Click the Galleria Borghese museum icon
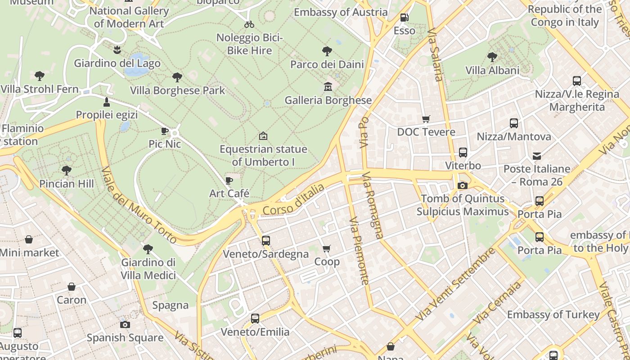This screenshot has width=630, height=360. (328, 86)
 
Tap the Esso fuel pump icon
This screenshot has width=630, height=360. (404, 18)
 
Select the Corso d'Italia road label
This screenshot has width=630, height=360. (293, 199)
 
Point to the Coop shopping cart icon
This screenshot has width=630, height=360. (327, 248)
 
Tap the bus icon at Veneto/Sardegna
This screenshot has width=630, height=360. (266, 240)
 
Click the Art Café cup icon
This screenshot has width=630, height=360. (229, 181)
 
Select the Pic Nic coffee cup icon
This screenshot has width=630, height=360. (165, 131)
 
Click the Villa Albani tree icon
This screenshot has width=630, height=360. (492, 57)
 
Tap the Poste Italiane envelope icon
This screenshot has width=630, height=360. (537, 156)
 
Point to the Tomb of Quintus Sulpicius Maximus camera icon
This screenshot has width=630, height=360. (462, 185)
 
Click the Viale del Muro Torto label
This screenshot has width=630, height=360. (139, 205)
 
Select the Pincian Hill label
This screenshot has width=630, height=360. (67, 184)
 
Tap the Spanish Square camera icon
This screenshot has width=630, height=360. (125, 324)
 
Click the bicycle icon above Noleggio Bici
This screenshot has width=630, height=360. (249, 24)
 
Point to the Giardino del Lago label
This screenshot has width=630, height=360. (117, 63)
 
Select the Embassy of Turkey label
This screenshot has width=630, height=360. (553, 315)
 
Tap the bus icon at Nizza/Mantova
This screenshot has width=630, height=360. (514, 123)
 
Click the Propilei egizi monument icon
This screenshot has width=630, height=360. (107, 102)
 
